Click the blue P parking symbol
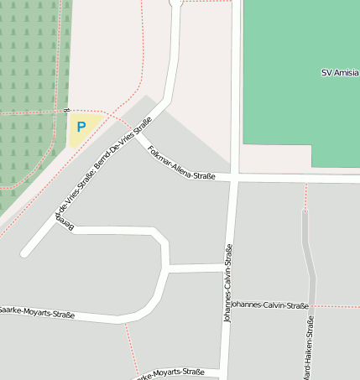(81, 128)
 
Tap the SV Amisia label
(340, 73)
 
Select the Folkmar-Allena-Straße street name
(180, 164)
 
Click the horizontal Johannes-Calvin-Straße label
(269, 305)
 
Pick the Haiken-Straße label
(310, 347)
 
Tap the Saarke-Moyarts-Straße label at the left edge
(38, 313)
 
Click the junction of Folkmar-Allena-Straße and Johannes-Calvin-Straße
(233, 180)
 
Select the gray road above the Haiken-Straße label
(308, 252)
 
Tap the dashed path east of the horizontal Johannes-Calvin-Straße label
(336, 306)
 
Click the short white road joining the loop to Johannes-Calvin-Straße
(197, 268)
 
